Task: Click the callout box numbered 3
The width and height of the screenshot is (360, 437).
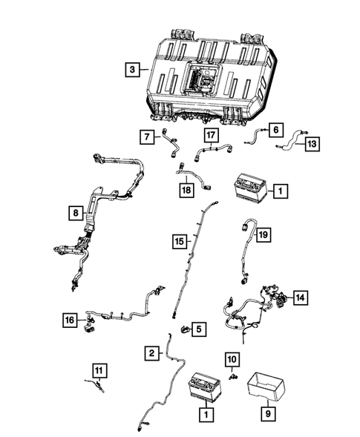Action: (131, 70)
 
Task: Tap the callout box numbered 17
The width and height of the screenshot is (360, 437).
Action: (212, 135)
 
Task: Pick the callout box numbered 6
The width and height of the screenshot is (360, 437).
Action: (275, 129)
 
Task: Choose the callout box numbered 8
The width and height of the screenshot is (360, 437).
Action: (74, 214)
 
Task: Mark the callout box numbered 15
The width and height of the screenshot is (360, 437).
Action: (179, 241)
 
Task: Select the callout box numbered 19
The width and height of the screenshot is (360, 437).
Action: (263, 235)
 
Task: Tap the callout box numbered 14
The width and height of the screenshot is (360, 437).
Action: (299, 297)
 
